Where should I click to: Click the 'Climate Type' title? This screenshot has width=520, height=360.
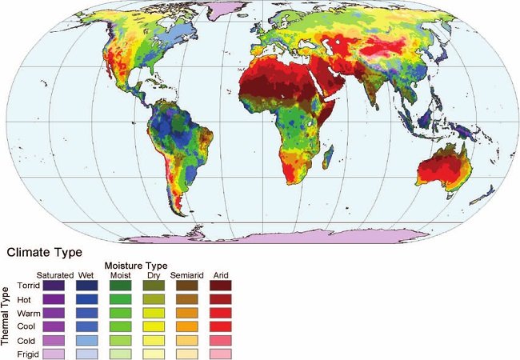point(45,252)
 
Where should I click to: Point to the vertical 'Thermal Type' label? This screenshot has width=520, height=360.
point(6,316)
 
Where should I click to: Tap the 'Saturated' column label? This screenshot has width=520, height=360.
point(54,274)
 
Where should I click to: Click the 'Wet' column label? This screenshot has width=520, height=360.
point(86,274)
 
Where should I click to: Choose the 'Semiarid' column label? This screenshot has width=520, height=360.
point(185,274)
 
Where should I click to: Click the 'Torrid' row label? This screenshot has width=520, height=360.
point(28,285)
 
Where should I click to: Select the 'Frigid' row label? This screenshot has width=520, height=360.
point(28,354)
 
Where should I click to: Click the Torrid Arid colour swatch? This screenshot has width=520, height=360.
point(220,285)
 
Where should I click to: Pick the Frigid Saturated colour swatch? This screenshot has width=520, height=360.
point(54,354)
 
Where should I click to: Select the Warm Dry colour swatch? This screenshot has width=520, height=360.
point(154,313)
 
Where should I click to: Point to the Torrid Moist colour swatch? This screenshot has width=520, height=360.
point(121,285)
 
